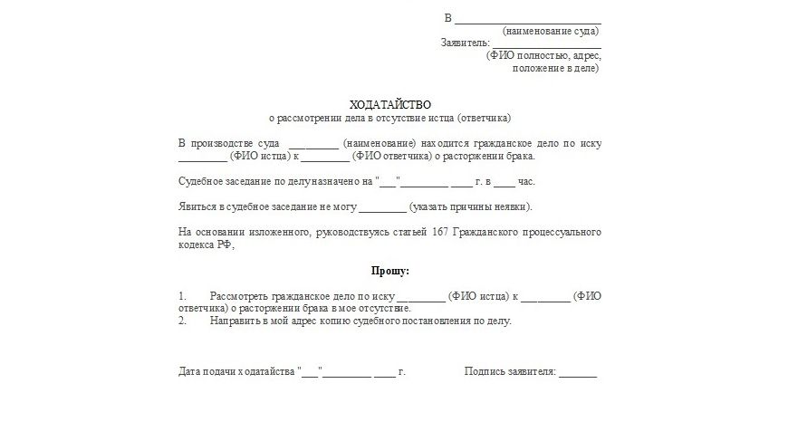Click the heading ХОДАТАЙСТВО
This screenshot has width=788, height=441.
coord(390,105)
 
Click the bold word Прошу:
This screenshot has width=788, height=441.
coord(390,271)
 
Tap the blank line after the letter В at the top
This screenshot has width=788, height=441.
coord(527,18)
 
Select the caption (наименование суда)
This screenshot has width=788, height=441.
coord(551,31)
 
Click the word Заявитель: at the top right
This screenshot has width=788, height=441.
coord(465,43)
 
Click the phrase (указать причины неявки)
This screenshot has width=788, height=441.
coord(471,206)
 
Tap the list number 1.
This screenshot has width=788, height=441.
coord(182,296)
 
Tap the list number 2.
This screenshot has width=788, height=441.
coord(182,321)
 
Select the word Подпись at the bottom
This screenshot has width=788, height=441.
coord(485,372)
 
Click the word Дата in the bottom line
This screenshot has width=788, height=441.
coord(189,372)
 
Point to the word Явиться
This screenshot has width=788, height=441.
coord(197,206)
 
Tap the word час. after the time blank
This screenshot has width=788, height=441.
coord(526,181)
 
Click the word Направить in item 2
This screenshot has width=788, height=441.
coord(234,321)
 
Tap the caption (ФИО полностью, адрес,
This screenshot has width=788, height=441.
coord(543,55)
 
